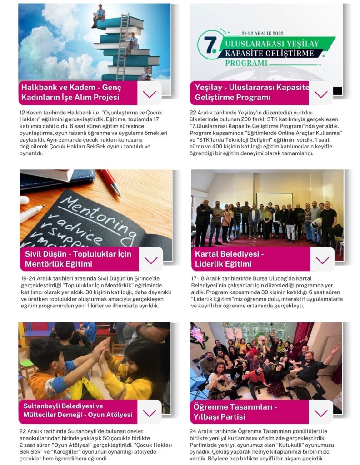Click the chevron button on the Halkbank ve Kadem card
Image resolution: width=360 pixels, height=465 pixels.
[x=149, y=94]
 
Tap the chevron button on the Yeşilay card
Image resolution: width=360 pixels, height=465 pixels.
[x=320, y=94]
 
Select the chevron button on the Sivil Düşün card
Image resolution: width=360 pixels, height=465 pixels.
[x=150, y=260]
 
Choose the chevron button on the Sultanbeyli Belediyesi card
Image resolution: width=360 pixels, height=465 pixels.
[x=149, y=413]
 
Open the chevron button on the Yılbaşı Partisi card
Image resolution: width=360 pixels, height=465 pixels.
[x=321, y=413]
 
